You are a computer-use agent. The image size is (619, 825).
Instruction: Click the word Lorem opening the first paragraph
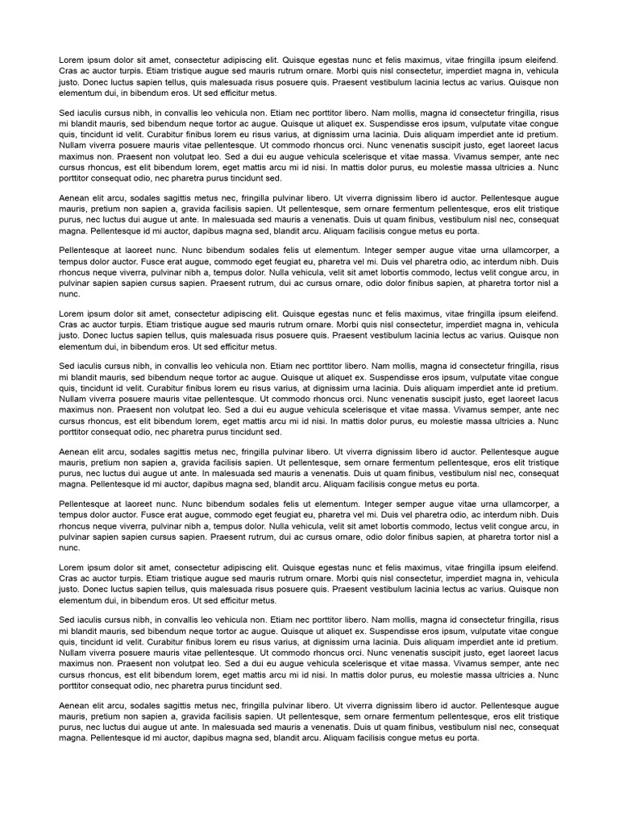[x=71, y=60]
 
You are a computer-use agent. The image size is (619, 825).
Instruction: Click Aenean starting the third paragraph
[x=73, y=196]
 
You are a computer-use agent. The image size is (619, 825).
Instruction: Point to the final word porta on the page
[x=467, y=737]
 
